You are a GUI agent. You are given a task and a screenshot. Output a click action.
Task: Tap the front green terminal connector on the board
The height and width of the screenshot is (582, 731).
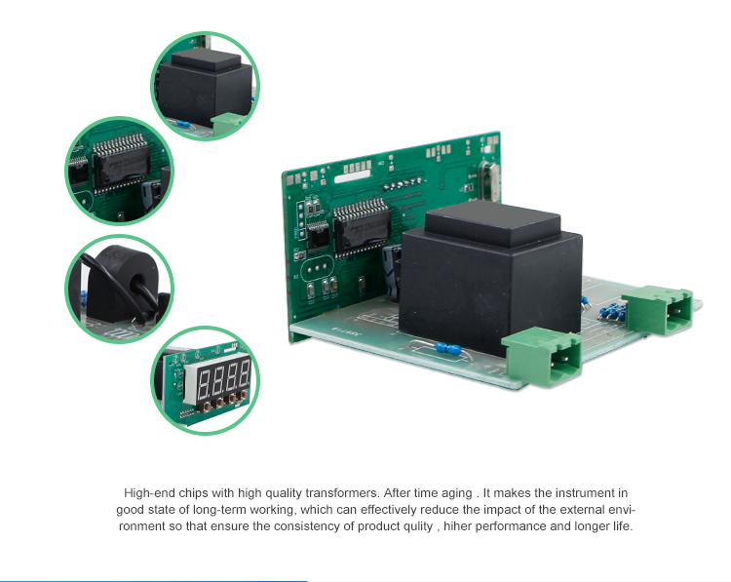tap(543, 357)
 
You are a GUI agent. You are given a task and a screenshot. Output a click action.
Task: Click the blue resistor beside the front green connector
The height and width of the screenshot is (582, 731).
tap(448, 348)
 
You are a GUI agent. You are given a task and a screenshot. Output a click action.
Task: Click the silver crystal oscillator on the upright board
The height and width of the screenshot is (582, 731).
tap(488, 181)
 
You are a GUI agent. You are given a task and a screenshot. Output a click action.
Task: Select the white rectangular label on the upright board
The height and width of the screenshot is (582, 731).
tap(353, 177)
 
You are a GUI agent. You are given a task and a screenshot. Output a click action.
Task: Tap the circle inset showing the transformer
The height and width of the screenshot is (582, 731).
tap(205, 86)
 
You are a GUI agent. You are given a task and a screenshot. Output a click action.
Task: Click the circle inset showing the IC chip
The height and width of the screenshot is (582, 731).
tap(119, 171)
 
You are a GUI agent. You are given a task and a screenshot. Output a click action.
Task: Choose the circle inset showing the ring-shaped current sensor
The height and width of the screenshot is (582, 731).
tap(119, 290)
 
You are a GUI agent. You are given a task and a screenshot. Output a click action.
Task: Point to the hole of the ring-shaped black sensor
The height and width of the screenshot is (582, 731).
tap(138, 286)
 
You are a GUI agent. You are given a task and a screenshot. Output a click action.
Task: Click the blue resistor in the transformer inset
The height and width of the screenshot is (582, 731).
tap(183, 124)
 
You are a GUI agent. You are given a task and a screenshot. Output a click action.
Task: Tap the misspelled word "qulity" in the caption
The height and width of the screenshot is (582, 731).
tap(419, 526)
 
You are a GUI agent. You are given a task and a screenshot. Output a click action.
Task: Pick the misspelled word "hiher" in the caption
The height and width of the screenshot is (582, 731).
tap(457, 526)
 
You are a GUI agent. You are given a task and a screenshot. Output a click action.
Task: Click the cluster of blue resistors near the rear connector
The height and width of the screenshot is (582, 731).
tap(612, 313)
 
